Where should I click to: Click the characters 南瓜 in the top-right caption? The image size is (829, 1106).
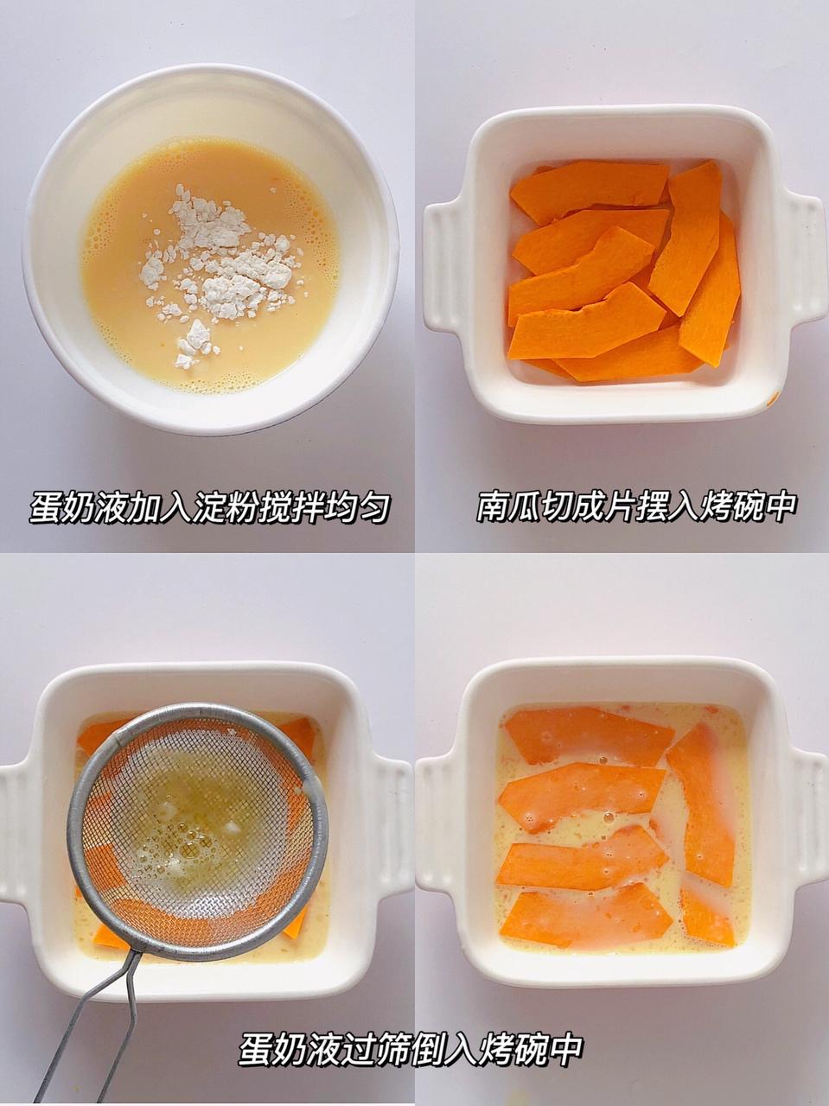[506, 507]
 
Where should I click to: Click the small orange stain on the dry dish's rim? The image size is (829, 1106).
[773, 399]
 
